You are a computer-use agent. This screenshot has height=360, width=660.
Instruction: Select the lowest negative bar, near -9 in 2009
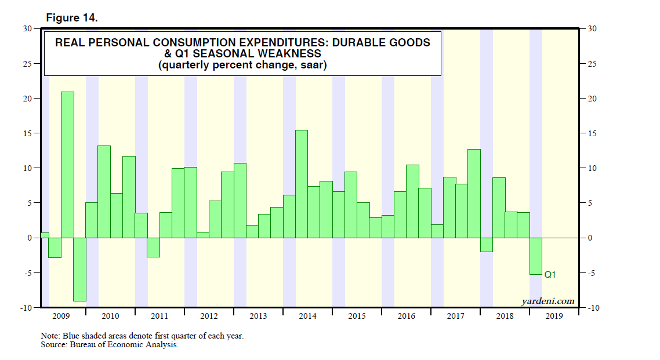pos(79,269)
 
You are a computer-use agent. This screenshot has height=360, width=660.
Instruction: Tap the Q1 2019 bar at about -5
pos(536,256)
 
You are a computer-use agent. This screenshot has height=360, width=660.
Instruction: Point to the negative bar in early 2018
pos(487,245)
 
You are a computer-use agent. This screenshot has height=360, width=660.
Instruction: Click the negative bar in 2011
pos(153,247)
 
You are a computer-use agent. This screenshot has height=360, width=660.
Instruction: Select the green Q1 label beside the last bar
pos(550,275)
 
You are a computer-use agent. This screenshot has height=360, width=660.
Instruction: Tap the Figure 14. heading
pos(72,18)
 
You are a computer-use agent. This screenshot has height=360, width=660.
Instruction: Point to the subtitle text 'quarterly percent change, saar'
pos(242,66)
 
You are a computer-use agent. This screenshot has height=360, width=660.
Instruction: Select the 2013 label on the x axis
pos(258,316)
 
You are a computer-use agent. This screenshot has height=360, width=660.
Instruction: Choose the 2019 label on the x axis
pos(554,316)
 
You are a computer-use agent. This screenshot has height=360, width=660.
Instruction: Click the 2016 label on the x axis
pos(406,316)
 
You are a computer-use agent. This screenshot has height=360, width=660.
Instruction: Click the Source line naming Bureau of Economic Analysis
pos(110,345)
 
